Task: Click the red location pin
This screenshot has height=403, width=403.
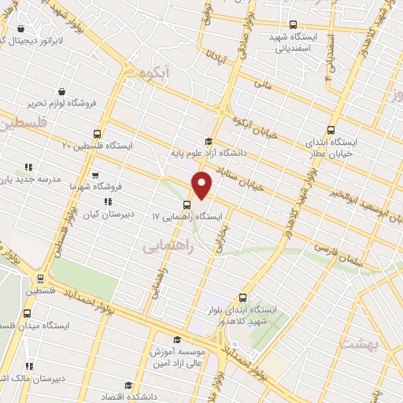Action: pos(202,185)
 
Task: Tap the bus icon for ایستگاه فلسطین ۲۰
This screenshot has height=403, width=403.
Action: pos(97,134)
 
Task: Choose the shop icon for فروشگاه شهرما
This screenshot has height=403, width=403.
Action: pos(95,176)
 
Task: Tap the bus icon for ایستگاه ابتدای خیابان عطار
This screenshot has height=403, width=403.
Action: pos(331,132)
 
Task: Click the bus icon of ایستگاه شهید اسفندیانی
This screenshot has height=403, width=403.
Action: pos(294,24)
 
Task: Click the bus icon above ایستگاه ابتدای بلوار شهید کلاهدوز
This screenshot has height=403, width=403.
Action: pos(242,298)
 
